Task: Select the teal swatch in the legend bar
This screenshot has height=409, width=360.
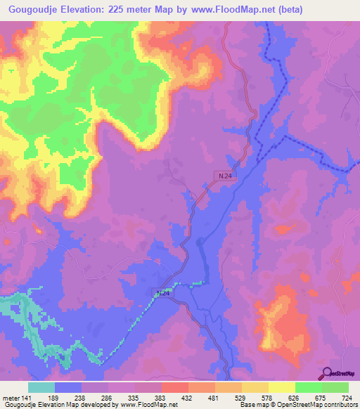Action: click(x=41, y=387)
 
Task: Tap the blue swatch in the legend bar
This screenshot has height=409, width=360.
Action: click(x=68, y=387)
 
